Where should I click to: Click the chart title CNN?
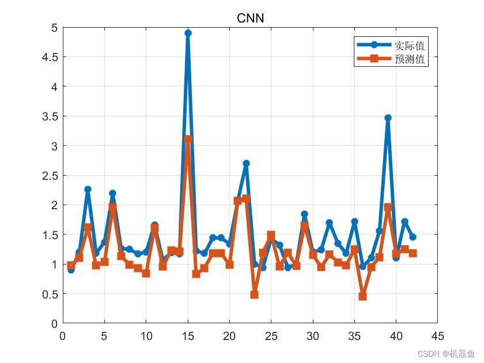[x=251, y=18]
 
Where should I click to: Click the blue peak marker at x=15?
[x=188, y=33]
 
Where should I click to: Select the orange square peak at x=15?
[x=188, y=139]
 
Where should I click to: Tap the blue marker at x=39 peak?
[x=388, y=118]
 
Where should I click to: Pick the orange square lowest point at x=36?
[x=363, y=296]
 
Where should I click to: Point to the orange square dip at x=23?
[x=255, y=294]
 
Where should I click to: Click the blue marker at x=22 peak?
[x=246, y=163]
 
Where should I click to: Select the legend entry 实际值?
[x=410, y=45]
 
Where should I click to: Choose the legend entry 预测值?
[x=410, y=59]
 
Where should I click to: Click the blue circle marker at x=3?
[x=88, y=189]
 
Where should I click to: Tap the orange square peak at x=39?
[x=388, y=207]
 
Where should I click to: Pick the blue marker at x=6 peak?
[x=112, y=194]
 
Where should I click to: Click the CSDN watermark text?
[x=446, y=353]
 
